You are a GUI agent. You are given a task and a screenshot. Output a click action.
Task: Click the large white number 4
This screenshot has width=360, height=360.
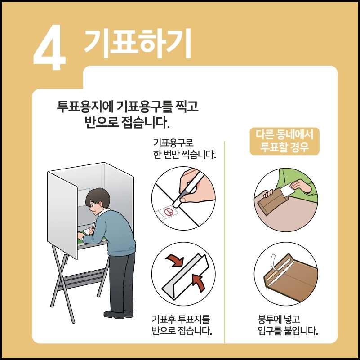[49, 47]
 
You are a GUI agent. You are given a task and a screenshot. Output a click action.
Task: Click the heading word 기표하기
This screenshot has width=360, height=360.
[138, 43]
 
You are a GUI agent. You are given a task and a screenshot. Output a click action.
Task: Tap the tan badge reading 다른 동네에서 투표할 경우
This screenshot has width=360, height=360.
[284, 141]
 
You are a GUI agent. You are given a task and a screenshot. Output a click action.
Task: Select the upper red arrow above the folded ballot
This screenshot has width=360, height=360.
[175, 261]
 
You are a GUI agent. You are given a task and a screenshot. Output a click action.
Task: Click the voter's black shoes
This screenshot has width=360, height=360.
[118, 314]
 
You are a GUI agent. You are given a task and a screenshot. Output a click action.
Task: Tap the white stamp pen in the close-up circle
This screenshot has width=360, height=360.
[187, 190]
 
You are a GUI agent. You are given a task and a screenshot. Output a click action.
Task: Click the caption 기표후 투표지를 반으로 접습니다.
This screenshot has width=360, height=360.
[182, 325]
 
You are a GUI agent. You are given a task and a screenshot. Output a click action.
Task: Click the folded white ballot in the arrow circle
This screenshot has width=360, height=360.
[186, 276]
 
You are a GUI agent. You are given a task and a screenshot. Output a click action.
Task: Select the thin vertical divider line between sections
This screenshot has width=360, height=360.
[225, 242]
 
